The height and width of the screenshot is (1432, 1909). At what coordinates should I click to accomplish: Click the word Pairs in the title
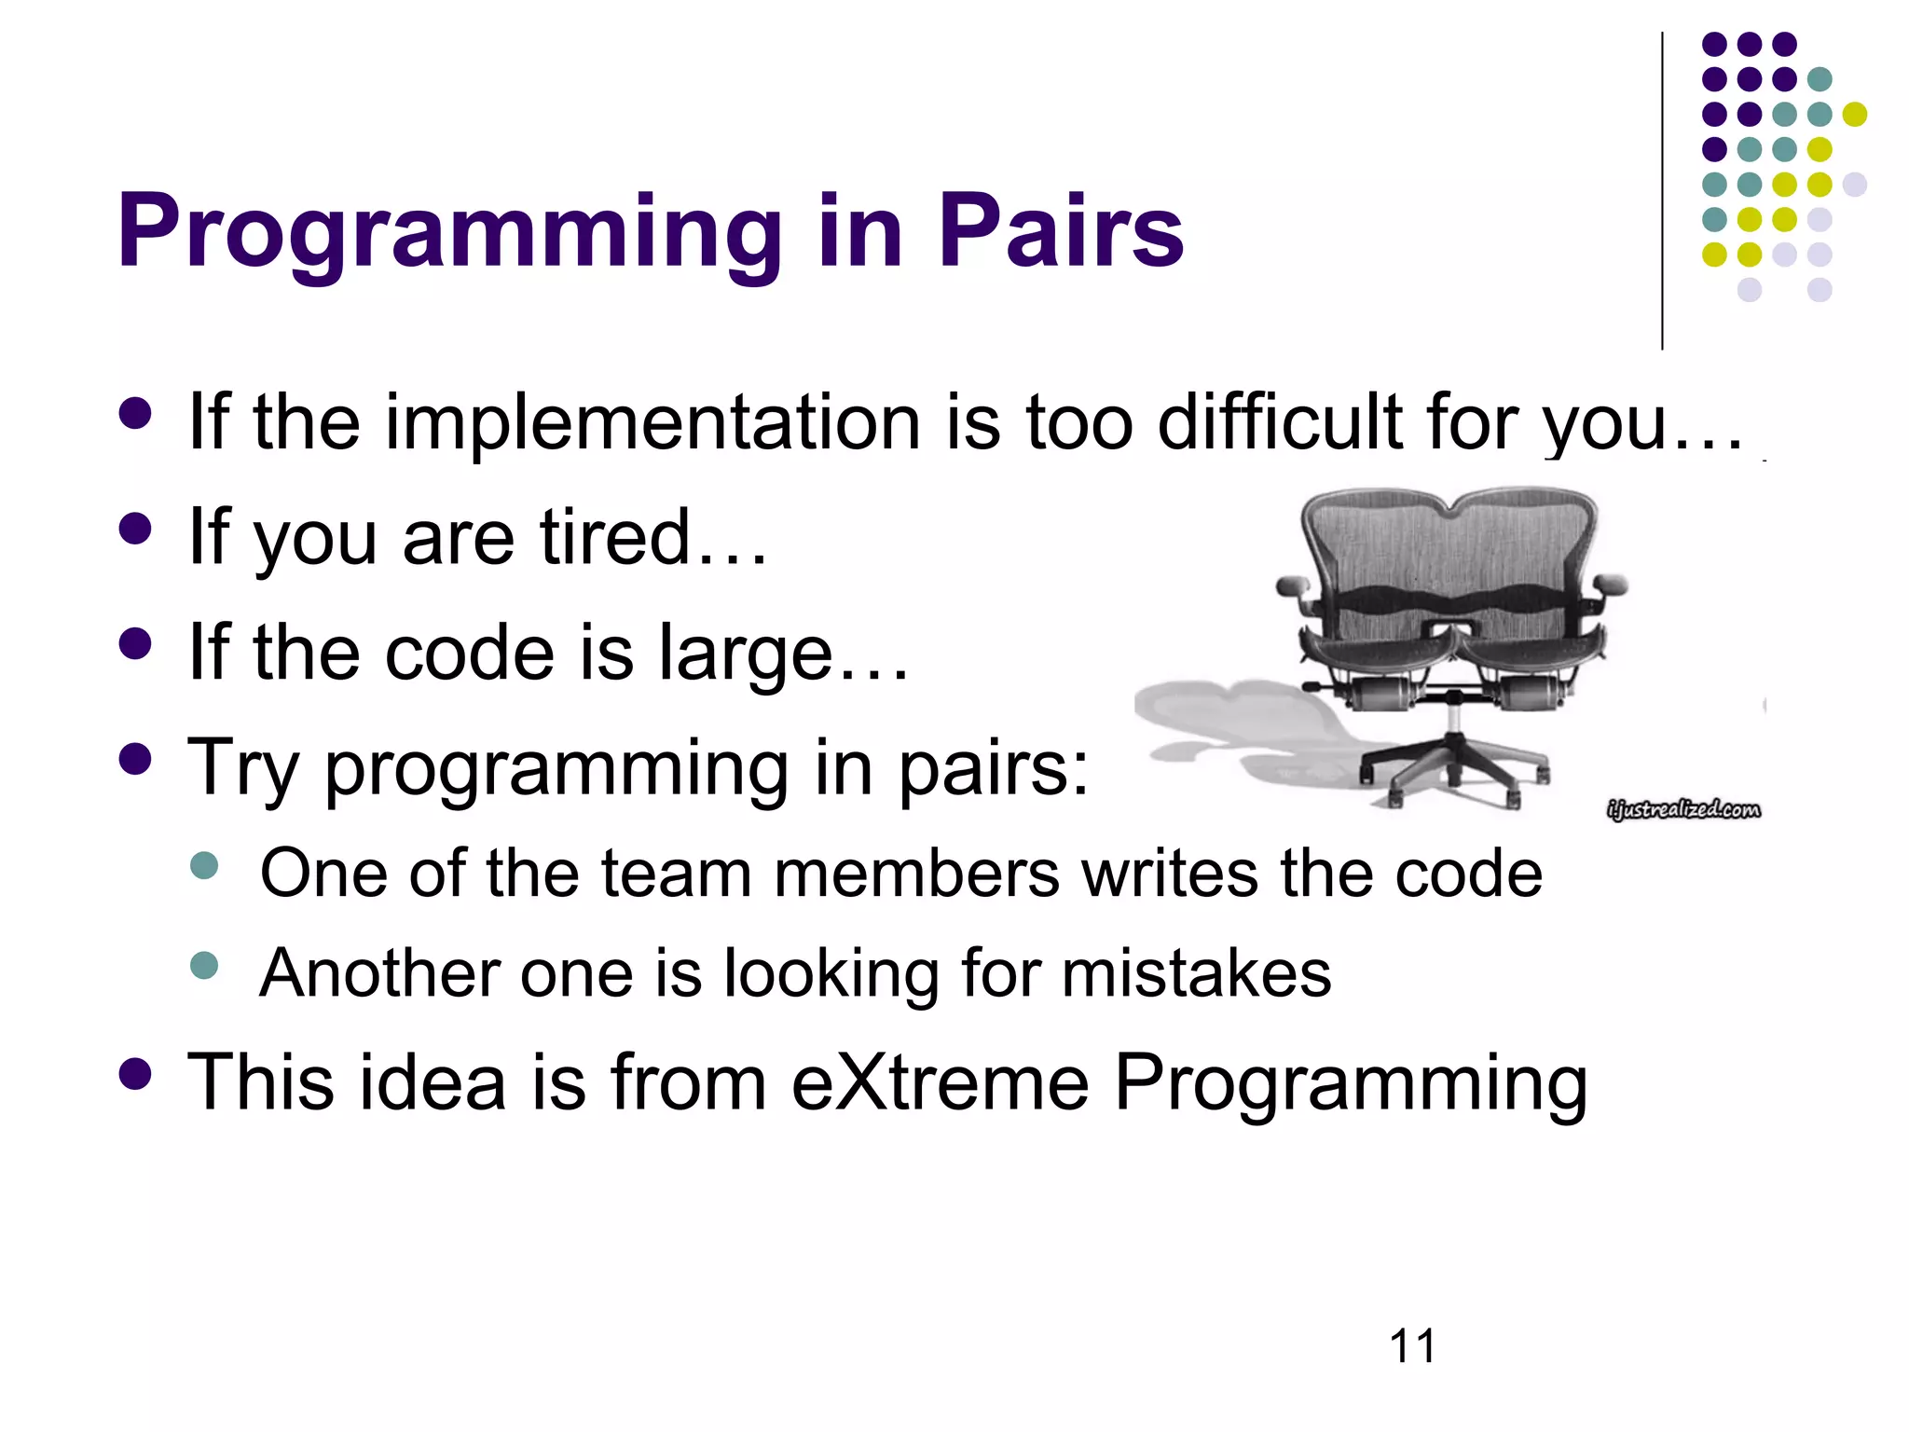click(x=1060, y=231)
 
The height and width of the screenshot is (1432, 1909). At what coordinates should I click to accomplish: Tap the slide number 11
click(x=1412, y=1346)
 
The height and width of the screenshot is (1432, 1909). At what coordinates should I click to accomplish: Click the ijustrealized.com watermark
click(x=1683, y=809)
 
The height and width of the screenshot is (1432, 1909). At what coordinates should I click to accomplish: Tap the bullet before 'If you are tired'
click(x=136, y=529)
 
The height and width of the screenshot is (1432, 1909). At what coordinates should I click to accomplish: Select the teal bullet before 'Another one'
click(x=203, y=964)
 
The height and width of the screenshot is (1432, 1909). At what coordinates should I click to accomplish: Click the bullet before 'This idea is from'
click(x=136, y=1073)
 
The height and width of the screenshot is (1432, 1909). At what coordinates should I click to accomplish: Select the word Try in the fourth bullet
click(x=243, y=769)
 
